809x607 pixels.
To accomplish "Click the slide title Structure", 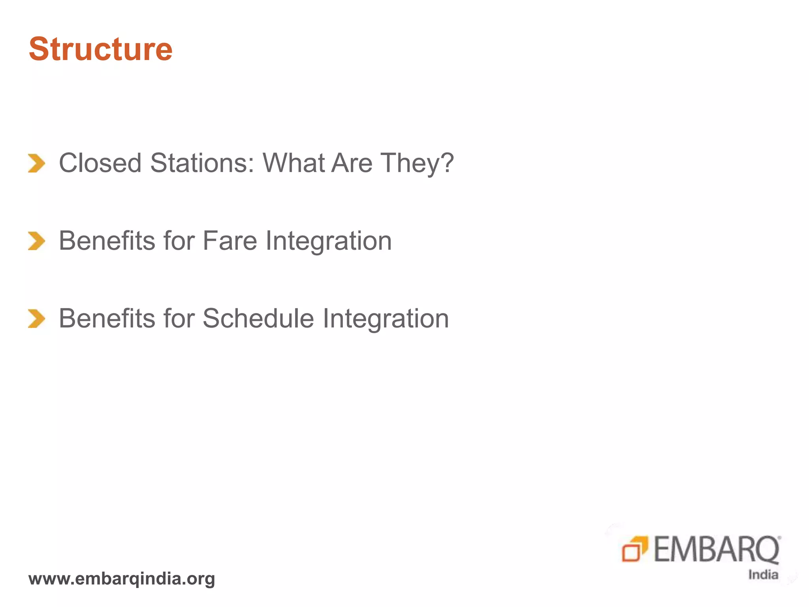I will (x=101, y=49).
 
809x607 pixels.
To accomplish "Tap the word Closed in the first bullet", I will (x=100, y=163).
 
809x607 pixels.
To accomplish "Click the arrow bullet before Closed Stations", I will (x=37, y=163).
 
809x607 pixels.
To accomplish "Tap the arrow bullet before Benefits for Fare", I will (x=37, y=241).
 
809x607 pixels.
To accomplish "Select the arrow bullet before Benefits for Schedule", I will (x=37, y=319).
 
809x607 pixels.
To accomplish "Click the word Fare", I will (x=230, y=241).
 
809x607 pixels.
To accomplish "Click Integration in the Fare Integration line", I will (x=329, y=241).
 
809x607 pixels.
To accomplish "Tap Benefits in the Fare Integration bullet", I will (x=107, y=241).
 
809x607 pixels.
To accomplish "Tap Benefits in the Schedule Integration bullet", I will (x=107, y=319).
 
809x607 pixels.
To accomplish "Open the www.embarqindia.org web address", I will (x=122, y=579).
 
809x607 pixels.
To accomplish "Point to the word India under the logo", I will (x=763, y=575).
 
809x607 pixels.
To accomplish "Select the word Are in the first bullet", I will (x=352, y=163).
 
